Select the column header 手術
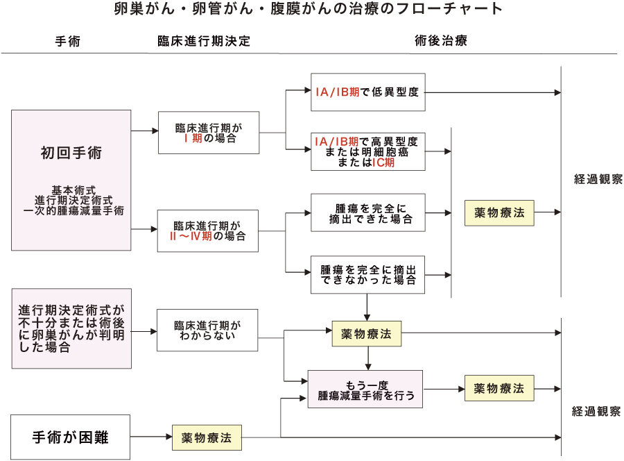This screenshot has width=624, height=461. tap(68, 41)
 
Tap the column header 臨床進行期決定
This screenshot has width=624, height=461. tap(203, 41)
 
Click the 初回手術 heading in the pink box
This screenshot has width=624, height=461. tap(71, 153)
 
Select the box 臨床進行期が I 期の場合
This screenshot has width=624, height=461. tap(209, 133)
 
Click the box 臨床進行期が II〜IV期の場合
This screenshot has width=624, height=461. tap(209, 230)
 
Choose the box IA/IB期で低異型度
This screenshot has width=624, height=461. tap(367, 92)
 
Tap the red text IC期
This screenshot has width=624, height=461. tap(383, 162)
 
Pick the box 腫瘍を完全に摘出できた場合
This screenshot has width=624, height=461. tap(367, 212)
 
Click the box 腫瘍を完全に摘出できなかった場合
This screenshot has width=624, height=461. tap(367, 274)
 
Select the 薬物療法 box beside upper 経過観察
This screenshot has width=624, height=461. tap(499, 212)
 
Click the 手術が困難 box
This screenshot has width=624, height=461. tap(71, 437)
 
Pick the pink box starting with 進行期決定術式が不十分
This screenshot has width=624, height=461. tap(71, 328)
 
